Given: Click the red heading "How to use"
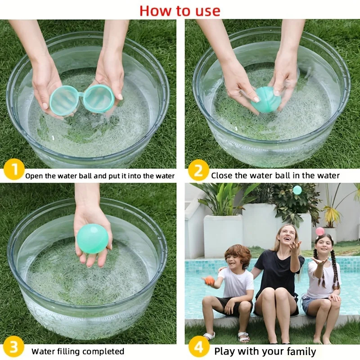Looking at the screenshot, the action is (x=180, y=10).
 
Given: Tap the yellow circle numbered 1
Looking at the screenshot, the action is (x=14, y=169).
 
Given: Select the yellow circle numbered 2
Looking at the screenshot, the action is (x=198, y=170).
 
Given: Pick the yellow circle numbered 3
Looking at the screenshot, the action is (x=13, y=346).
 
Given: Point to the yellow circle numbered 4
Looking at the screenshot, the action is (x=199, y=346).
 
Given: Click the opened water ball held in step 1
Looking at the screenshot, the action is (x=82, y=99).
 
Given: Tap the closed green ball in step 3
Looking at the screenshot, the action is (x=92, y=239).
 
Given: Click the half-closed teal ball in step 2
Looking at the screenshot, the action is (x=263, y=99).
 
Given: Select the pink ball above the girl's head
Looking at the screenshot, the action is (x=320, y=231).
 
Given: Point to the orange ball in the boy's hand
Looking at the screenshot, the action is (x=209, y=281).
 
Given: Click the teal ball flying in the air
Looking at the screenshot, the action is (x=297, y=190).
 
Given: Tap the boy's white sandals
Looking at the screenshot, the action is (x=226, y=337).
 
